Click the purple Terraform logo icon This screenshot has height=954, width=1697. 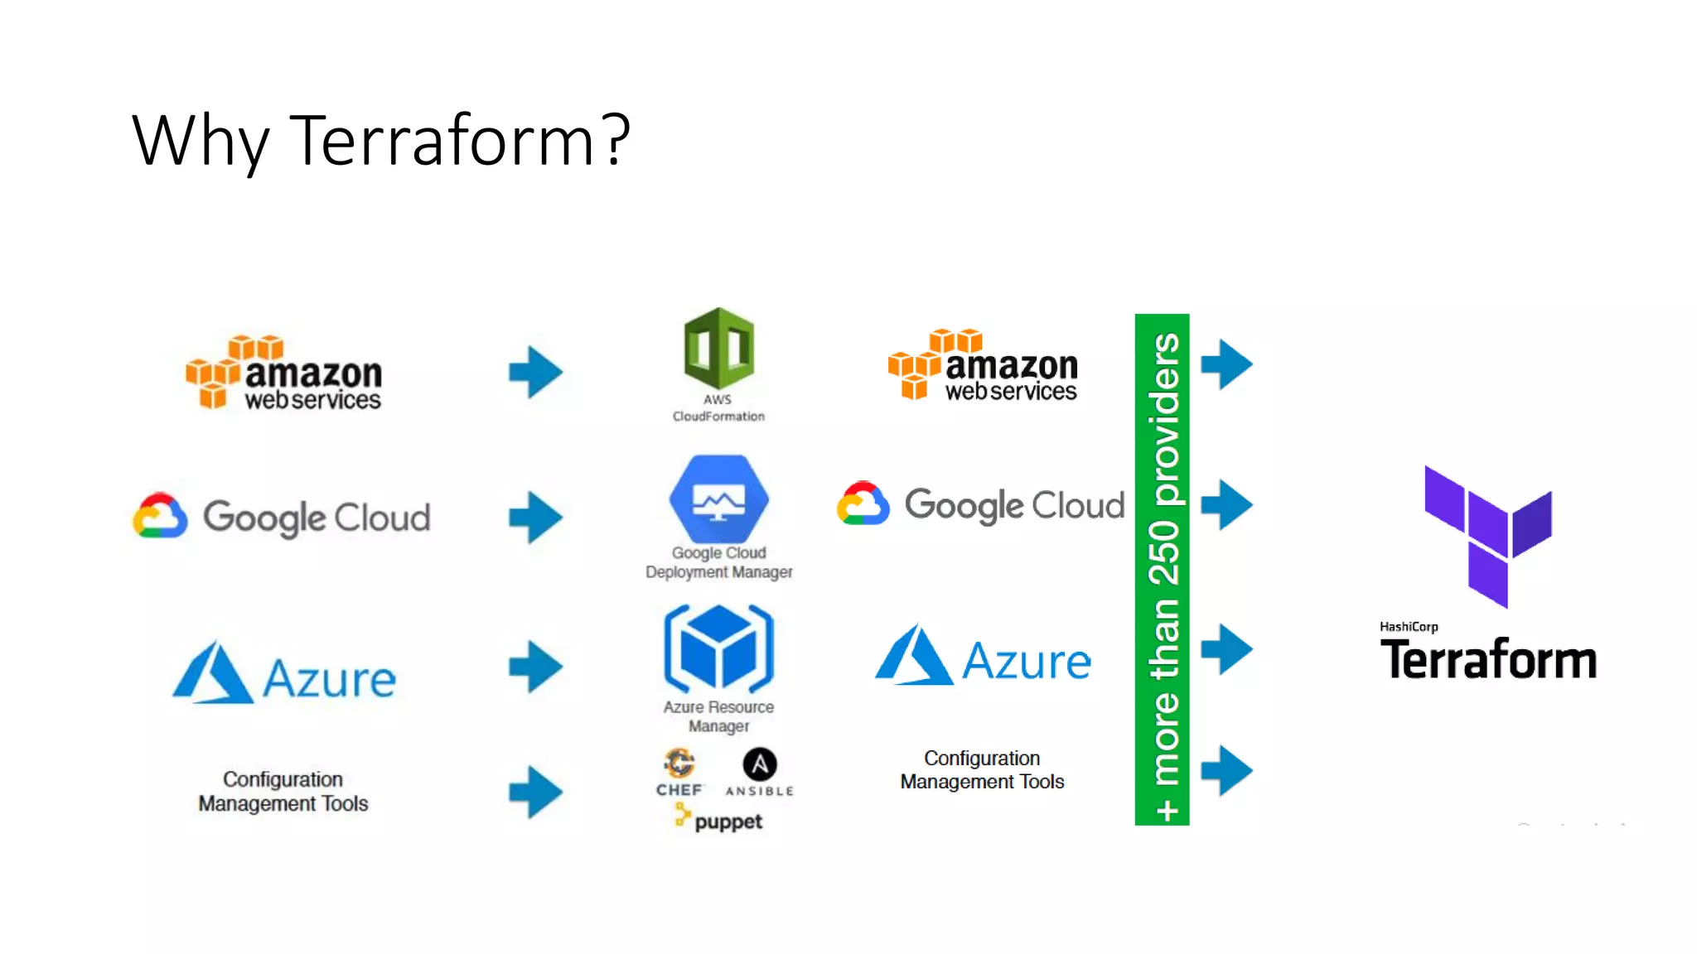pyautogui.click(x=1487, y=535)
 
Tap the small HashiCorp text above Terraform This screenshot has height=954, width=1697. pyautogui.click(x=1409, y=627)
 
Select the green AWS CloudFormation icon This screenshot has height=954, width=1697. pyautogui.click(x=718, y=349)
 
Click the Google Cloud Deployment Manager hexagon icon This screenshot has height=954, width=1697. pyautogui.click(x=718, y=499)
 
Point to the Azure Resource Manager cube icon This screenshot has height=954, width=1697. pyautogui.click(x=718, y=648)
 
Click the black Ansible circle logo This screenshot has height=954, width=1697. pyautogui.click(x=759, y=764)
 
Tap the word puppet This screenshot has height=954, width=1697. pyautogui.click(x=728, y=821)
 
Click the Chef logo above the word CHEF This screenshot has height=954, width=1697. pyautogui.click(x=679, y=763)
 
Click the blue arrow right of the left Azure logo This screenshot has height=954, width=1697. pyautogui.click(x=535, y=666)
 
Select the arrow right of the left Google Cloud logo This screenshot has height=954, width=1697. pyautogui.click(x=535, y=518)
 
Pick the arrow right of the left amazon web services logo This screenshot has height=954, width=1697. pyautogui.click(x=535, y=372)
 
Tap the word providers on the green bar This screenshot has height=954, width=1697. pyautogui.click(x=1163, y=419)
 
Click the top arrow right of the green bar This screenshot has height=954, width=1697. pyautogui.click(x=1226, y=364)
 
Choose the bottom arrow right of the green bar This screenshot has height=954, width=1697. pyautogui.click(x=1226, y=770)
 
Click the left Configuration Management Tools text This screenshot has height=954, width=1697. pyautogui.click(x=283, y=791)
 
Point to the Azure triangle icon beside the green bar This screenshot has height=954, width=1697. pyautogui.click(x=913, y=656)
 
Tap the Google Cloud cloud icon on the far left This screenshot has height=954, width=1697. pyautogui.click(x=160, y=516)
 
